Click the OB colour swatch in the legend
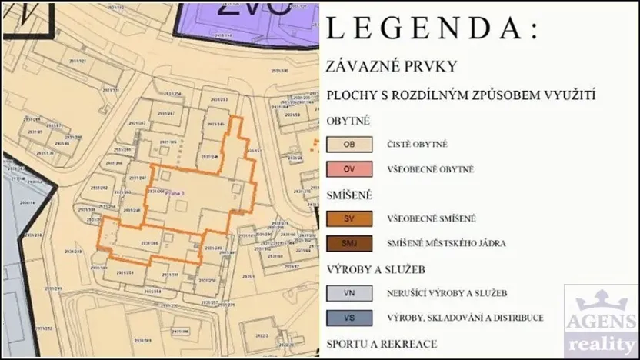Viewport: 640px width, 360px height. point(349,144)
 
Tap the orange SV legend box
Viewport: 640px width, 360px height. point(349,218)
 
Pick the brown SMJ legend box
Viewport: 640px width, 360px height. point(349,244)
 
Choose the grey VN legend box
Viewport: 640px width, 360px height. point(349,293)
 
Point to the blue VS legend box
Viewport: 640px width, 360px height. point(349,318)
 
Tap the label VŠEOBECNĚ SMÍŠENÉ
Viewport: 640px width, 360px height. point(432,219)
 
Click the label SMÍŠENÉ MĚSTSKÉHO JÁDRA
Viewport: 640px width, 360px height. point(447,244)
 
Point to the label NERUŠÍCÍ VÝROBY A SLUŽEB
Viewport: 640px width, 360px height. point(447,293)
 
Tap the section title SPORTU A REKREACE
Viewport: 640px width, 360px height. point(382,344)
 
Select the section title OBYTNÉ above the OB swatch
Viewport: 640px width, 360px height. point(348,121)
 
